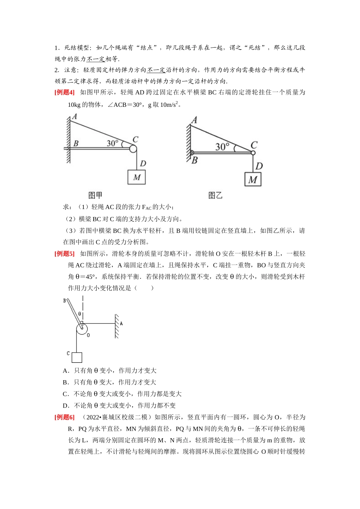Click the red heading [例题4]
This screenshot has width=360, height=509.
[x=64, y=92]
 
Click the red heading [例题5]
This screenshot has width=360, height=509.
[x=64, y=254]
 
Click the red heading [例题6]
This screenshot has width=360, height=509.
[x=64, y=417]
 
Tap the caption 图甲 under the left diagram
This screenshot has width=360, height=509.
[x=95, y=195]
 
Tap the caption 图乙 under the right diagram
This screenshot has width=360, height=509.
[x=215, y=195]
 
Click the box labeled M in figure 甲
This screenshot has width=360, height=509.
[x=136, y=177]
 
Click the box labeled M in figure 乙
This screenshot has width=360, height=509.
[x=253, y=179]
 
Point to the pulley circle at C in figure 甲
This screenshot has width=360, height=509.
[x=133, y=149]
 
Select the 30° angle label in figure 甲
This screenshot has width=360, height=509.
[x=113, y=143]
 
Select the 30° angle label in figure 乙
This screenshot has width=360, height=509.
[x=222, y=147]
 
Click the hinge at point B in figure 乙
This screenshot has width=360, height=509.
[x=192, y=153]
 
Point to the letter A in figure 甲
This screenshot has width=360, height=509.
[x=75, y=117]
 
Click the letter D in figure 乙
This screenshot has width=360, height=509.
[x=259, y=166]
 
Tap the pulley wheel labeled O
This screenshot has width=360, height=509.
[x=81, y=329]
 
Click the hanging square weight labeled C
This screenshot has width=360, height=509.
[x=77, y=357]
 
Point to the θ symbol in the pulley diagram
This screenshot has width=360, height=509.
[x=80, y=314]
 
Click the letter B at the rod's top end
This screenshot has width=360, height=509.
[x=64, y=301]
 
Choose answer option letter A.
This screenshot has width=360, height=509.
[x=65, y=371]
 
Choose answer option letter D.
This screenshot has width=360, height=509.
[x=65, y=406]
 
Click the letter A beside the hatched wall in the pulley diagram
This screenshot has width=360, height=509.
[x=121, y=323]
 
